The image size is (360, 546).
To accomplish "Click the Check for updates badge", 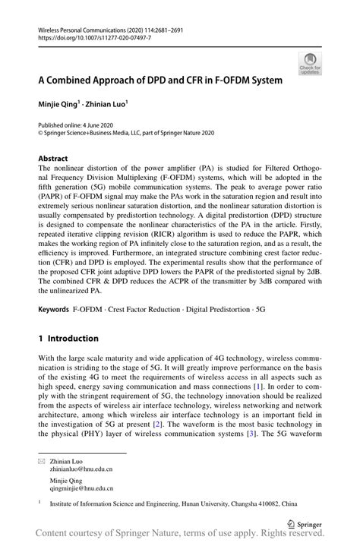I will tap(309, 64).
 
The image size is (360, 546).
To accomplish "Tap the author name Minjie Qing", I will tap(61, 102).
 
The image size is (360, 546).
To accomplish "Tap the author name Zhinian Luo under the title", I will tap(107, 102).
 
